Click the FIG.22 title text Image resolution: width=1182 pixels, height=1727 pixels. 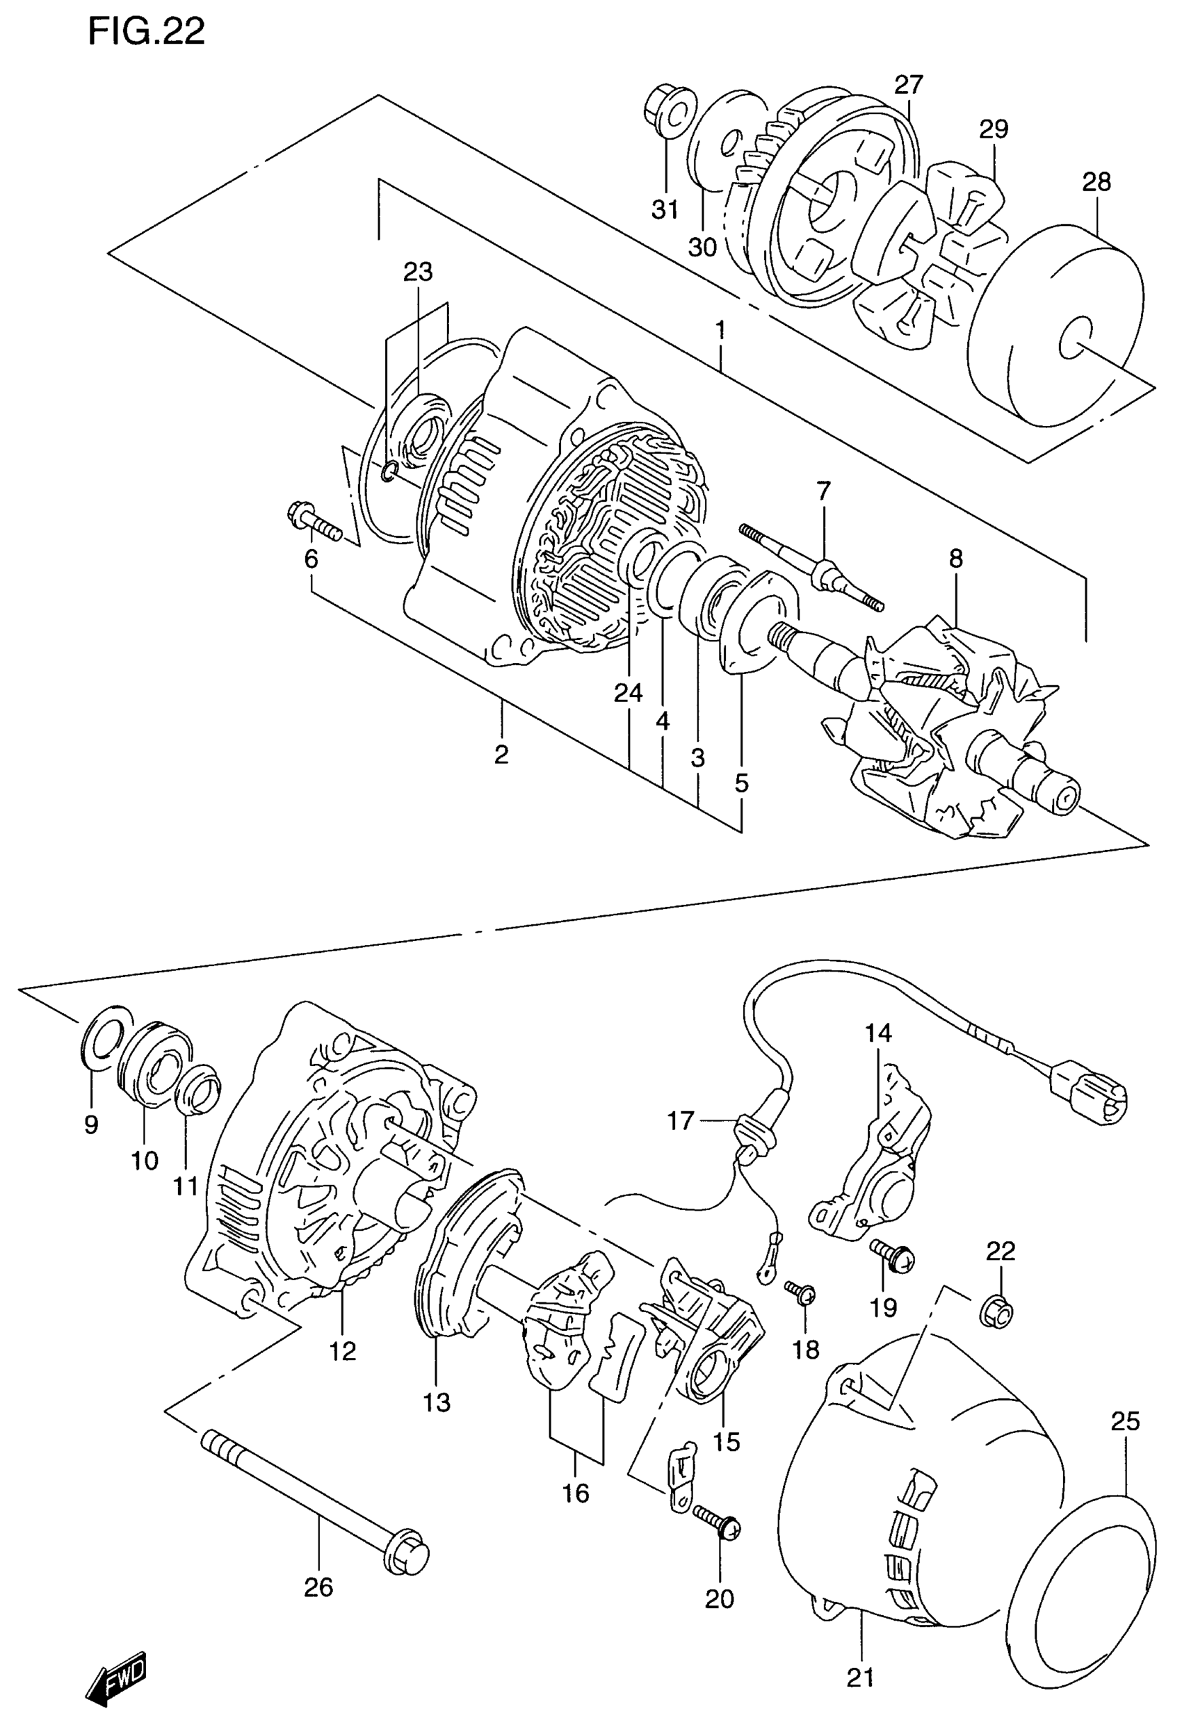147,33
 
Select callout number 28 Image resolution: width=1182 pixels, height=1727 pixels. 1096,182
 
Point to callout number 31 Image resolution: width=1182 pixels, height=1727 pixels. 665,211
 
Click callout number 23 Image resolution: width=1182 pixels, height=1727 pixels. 418,272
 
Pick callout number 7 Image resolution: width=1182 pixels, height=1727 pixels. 823,491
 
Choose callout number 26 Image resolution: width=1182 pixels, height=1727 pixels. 319,1588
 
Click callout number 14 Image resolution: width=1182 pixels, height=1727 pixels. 878,1032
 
